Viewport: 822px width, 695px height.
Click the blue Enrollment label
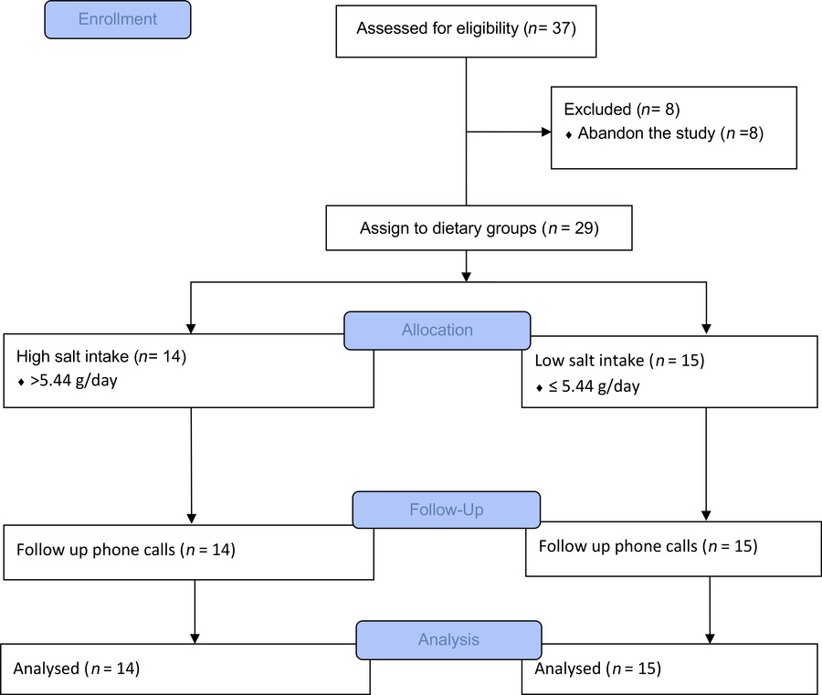click(x=118, y=19)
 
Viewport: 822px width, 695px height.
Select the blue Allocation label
click(x=437, y=330)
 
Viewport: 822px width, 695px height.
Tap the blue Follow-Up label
click(x=446, y=509)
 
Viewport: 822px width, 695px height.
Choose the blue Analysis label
click(x=448, y=640)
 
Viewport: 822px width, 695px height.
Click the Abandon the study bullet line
click(x=664, y=133)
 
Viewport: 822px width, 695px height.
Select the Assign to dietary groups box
click(x=479, y=228)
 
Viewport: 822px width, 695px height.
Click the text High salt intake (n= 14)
click(x=101, y=357)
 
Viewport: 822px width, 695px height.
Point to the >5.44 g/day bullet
click(x=63, y=381)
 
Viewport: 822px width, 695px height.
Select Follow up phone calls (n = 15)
click(x=648, y=546)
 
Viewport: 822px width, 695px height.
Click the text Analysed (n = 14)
click(x=76, y=669)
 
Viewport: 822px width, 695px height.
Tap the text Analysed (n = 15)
click(x=597, y=669)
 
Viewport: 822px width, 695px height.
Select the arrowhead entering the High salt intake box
click(x=191, y=327)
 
